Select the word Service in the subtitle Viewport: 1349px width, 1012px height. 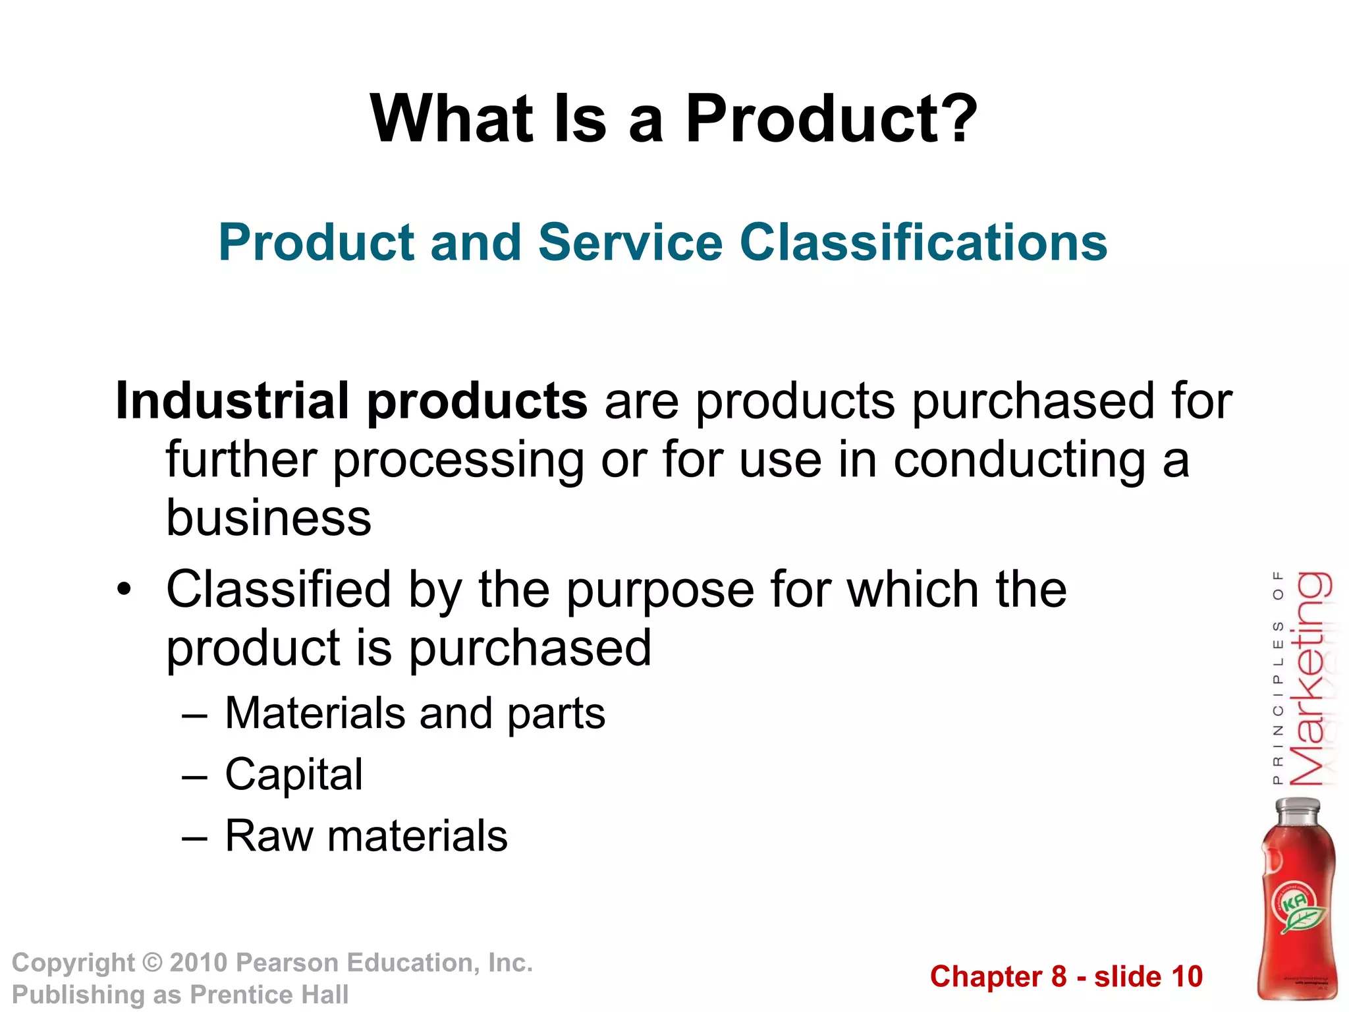(x=630, y=242)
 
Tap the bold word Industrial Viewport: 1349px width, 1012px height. (x=232, y=401)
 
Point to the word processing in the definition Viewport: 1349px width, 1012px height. (x=458, y=461)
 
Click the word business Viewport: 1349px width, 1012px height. (x=269, y=518)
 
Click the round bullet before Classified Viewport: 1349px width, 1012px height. (x=124, y=589)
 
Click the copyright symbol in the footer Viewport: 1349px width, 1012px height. (x=153, y=963)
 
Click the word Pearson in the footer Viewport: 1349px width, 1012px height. (x=287, y=963)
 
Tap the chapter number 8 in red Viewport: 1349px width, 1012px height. (x=1059, y=976)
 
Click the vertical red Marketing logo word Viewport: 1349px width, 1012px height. (x=1309, y=679)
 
